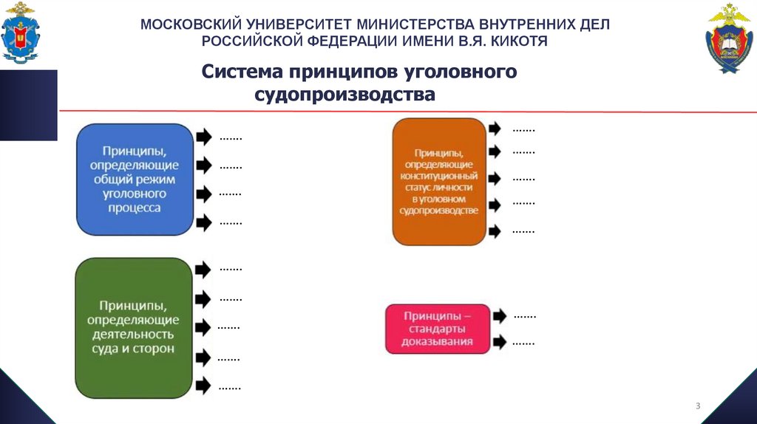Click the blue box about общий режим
pyautogui.click(x=135, y=179)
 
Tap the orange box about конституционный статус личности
pyautogui.click(x=439, y=181)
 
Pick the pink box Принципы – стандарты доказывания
pyautogui.click(x=437, y=328)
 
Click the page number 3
pyautogui.click(x=697, y=406)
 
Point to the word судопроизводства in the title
pyautogui.click(x=345, y=95)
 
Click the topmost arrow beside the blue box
pyautogui.click(x=204, y=137)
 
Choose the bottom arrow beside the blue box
pyautogui.click(x=204, y=221)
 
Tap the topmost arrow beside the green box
pyautogui.click(x=203, y=270)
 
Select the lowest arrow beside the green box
pyautogui.click(x=203, y=385)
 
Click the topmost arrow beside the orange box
pyautogui.click(x=495, y=128)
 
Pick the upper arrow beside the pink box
pyautogui.click(x=500, y=315)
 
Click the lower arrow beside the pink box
pyautogui.click(x=500, y=342)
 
